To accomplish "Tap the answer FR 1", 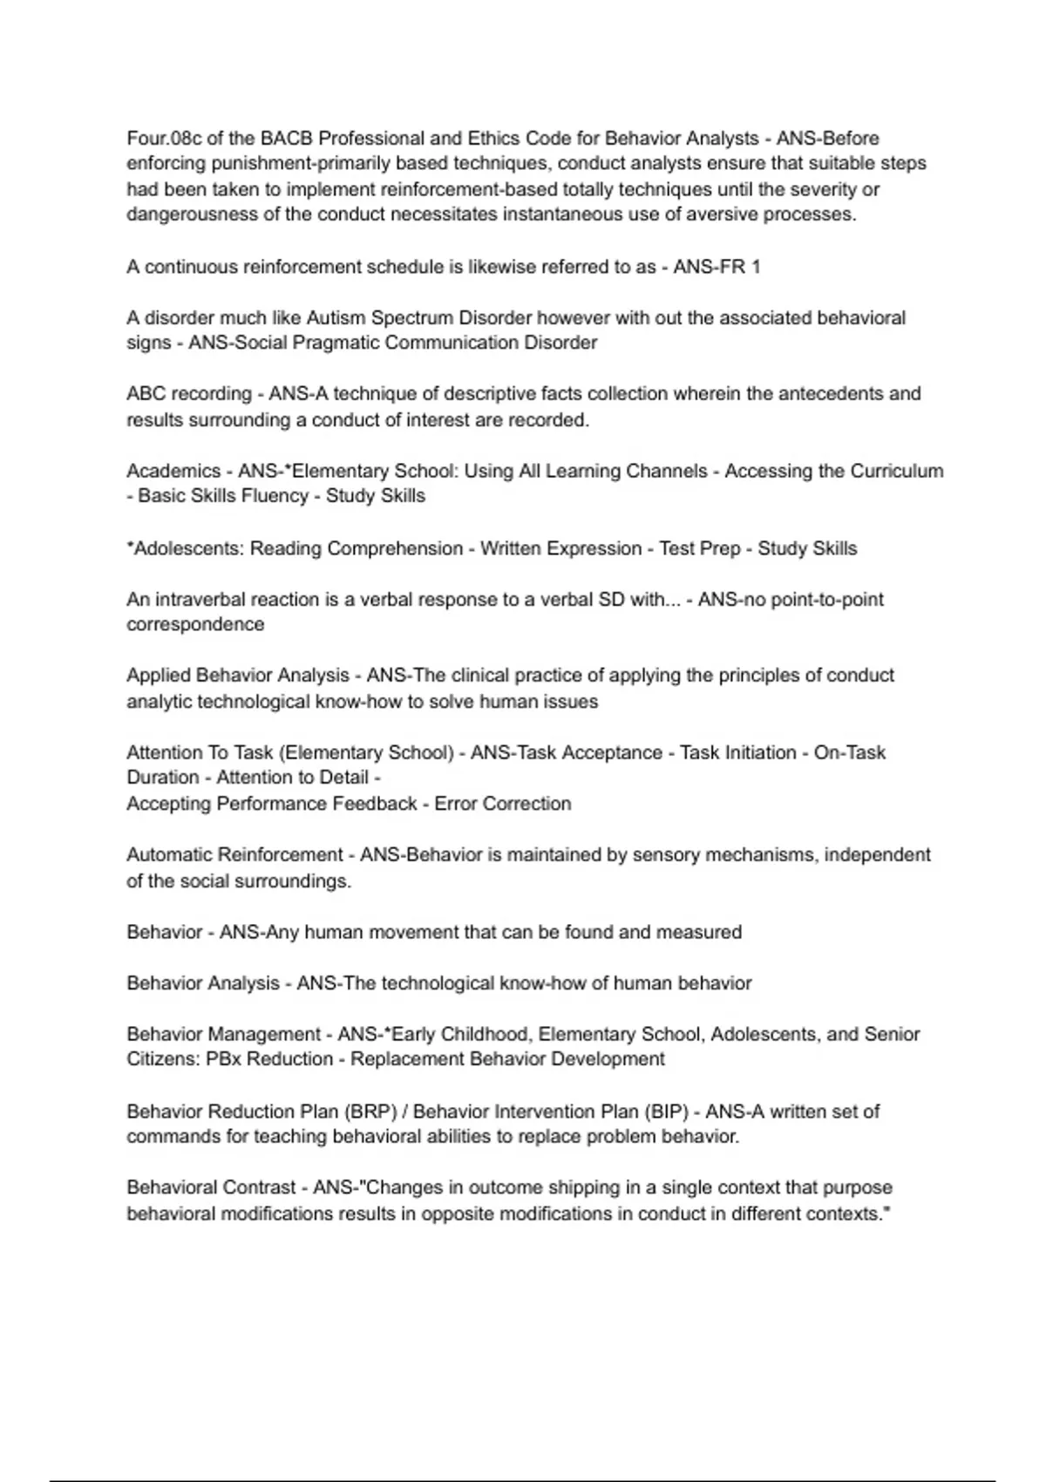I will (739, 267).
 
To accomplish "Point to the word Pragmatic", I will (336, 343).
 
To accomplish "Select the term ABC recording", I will (187, 394).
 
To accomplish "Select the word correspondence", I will (195, 625).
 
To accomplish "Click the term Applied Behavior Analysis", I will (237, 676).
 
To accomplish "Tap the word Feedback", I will (374, 804).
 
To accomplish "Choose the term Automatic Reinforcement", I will (234, 855).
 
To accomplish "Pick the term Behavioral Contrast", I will (211, 1187).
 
